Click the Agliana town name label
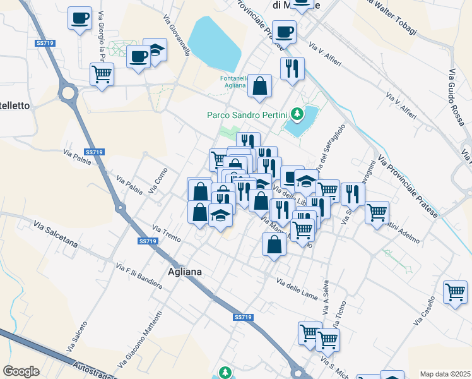tap(186, 272)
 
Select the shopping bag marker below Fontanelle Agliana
tap(259, 86)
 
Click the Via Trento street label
tap(167, 233)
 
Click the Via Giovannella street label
tap(177, 35)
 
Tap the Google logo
tap(21, 371)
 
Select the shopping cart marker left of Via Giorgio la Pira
tap(102, 74)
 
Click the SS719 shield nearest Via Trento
tap(147, 241)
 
